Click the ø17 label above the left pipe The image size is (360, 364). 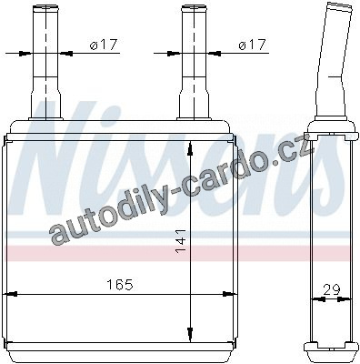(103, 45)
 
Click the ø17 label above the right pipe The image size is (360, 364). (252, 45)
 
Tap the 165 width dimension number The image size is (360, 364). (120, 285)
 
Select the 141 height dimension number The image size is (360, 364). (181, 241)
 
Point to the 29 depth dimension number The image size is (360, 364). (332, 290)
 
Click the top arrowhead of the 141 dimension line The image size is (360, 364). (190, 148)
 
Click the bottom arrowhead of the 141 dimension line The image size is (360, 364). (190, 335)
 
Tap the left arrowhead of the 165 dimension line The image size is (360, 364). (10, 294)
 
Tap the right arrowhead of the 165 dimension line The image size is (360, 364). (229, 294)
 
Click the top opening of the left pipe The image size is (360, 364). (45, 6)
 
